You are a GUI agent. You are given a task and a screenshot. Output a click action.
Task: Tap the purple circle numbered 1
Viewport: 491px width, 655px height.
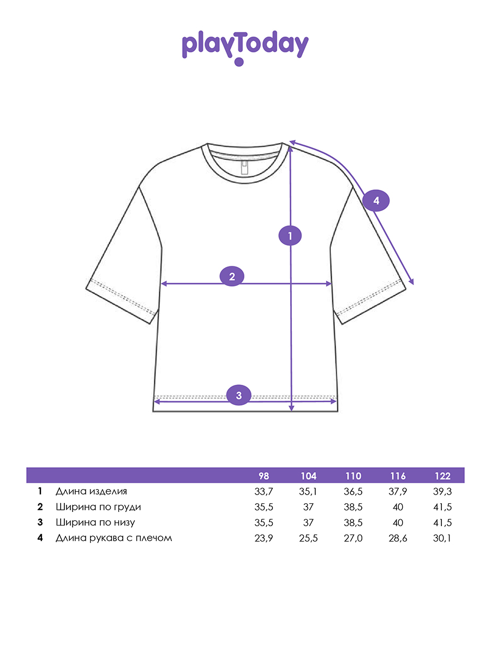point(290,236)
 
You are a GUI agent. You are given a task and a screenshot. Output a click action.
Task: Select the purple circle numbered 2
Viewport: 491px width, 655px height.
point(232,276)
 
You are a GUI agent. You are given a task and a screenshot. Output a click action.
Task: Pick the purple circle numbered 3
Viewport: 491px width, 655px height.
point(238,394)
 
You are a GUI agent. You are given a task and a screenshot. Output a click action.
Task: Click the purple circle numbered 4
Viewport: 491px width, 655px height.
point(376,201)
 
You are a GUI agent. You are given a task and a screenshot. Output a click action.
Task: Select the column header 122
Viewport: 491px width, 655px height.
point(443,475)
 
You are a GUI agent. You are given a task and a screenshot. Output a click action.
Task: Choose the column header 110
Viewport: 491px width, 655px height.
point(353,475)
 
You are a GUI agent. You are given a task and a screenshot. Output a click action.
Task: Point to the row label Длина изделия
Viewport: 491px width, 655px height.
point(91,491)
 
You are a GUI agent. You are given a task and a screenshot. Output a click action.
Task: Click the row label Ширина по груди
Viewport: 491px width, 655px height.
point(98,507)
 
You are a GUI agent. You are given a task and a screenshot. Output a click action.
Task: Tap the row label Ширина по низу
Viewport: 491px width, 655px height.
point(95,522)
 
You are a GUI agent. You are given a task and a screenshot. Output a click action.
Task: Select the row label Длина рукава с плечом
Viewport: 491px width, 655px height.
point(113,538)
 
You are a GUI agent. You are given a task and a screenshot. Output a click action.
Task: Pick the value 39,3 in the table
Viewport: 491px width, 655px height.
point(443,491)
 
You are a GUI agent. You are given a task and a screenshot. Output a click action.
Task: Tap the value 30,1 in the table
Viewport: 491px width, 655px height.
point(443,538)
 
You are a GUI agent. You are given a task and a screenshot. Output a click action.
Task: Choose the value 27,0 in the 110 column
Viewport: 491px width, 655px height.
point(353,538)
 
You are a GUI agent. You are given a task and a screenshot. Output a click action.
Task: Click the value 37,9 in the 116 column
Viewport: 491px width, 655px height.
point(398,491)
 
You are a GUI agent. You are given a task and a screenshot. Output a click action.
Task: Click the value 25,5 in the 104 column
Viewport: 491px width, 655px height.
point(308,538)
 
